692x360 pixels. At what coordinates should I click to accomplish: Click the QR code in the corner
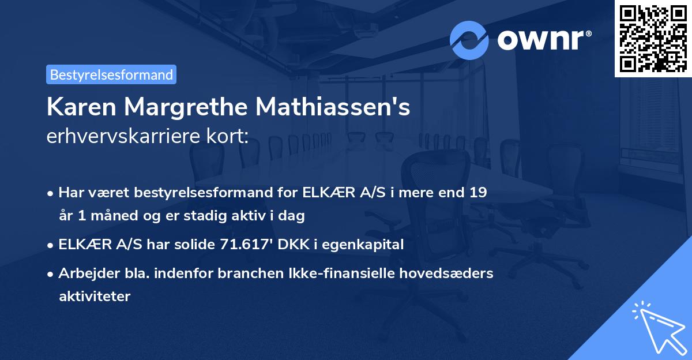click(653, 38)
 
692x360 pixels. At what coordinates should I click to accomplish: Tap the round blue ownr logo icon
click(469, 40)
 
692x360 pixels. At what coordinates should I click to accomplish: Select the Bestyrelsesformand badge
click(111, 74)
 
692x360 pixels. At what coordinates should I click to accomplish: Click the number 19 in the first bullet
click(478, 192)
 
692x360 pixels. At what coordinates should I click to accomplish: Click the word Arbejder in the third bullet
click(85, 273)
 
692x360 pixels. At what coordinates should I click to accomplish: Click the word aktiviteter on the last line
click(95, 297)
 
